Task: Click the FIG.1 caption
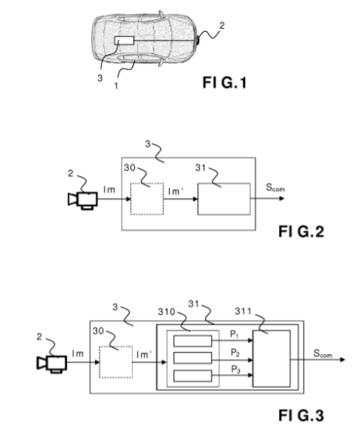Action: click(x=224, y=83)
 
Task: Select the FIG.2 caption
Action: click(x=301, y=231)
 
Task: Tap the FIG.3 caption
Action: click(x=301, y=415)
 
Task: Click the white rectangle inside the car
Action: click(x=124, y=40)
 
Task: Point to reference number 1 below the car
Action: click(x=116, y=86)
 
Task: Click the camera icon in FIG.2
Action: click(x=82, y=201)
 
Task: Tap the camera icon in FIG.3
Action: click(x=52, y=363)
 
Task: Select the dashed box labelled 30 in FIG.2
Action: click(x=147, y=199)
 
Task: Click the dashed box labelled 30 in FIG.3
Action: click(x=116, y=362)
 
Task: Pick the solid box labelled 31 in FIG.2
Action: click(x=224, y=199)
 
